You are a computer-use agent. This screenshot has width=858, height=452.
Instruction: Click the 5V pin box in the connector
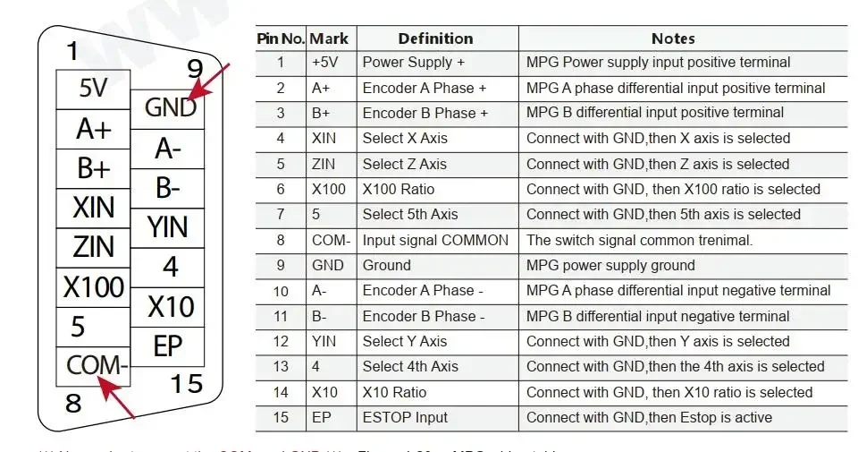pyautogui.click(x=93, y=90)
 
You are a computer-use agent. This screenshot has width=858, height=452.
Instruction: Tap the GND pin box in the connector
pyautogui.click(x=170, y=107)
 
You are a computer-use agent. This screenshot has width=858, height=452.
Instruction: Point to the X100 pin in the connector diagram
pyautogui.click(x=93, y=287)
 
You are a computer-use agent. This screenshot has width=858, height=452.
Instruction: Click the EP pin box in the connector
pyautogui.click(x=168, y=346)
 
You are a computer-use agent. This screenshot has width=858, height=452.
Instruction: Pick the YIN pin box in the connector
pyautogui.click(x=168, y=227)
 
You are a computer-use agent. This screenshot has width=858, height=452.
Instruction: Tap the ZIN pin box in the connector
pyautogui.click(x=93, y=247)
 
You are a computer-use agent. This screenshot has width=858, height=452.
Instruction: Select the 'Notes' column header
pyautogui.click(x=673, y=38)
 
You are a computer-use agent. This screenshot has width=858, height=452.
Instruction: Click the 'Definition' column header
pyautogui.click(x=435, y=38)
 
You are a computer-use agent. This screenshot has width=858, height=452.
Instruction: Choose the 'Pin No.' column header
pyautogui.click(x=281, y=38)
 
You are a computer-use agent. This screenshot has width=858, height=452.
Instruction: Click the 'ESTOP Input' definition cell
pyautogui.click(x=405, y=417)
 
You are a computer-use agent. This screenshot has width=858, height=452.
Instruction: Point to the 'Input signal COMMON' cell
pyautogui.click(x=435, y=240)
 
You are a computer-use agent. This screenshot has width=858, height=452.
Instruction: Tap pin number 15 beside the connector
pyautogui.click(x=186, y=384)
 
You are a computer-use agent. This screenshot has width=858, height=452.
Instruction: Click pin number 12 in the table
pyautogui.click(x=281, y=341)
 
